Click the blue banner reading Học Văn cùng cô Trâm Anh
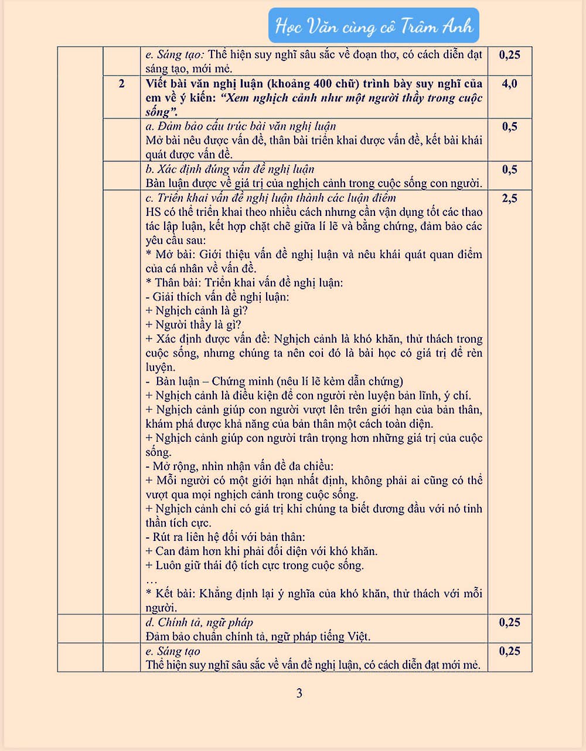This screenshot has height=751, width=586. click(374, 26)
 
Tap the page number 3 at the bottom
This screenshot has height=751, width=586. click(299, 694)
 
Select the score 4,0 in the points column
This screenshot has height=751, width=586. click(509, 83)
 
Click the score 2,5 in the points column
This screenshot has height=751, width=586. click(509, 198)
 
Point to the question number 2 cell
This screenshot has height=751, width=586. click(121, 83)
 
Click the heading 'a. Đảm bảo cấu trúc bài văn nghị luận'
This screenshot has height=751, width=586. click(240, 126)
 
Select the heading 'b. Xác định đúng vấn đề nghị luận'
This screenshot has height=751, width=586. click(230, 169)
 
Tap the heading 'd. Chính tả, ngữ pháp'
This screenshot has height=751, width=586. click(199, 622)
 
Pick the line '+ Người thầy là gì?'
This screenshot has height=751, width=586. click(193, 324)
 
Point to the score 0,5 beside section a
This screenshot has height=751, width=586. click(509, 126)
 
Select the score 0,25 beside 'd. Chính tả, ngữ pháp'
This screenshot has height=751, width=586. click(509, 622)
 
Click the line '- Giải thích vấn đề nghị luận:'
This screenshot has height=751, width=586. click(217, 296)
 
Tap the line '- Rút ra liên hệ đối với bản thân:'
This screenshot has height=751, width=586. click(225, 537)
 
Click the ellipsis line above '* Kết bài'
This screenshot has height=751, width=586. click(151, 580)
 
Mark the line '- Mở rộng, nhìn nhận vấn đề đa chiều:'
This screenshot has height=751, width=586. click(239, 466)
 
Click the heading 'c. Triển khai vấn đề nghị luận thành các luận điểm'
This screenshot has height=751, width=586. click(270, 198)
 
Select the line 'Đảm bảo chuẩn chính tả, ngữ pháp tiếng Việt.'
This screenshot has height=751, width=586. click(258, 636)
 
